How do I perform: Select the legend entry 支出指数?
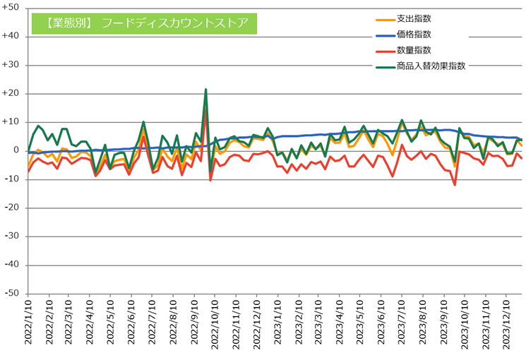pyautogui.click(x=413, y=18)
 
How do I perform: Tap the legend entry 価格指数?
pyautogui.click(x=413, y=34)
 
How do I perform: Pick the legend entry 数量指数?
pyautogui.click(x=413, y=50)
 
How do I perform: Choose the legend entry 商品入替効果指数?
pyautogui.click(x=430, y=66)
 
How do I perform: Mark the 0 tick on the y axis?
pyautogui.click(x=18, y=150)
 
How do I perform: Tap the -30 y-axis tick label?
pyautogui.click(x=13, y=236)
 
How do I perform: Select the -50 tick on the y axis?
pyautogui.click(x=13, y=294)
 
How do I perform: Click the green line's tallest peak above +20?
pyautogui.click(x=205, y=90)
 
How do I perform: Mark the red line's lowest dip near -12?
pyautogui.click(x=455, y=185)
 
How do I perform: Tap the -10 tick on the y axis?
pyautogui.click(x=13, y=179)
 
